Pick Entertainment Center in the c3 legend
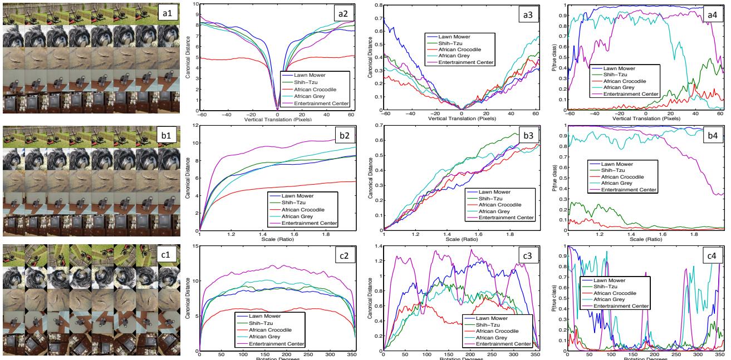pos(497,344)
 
